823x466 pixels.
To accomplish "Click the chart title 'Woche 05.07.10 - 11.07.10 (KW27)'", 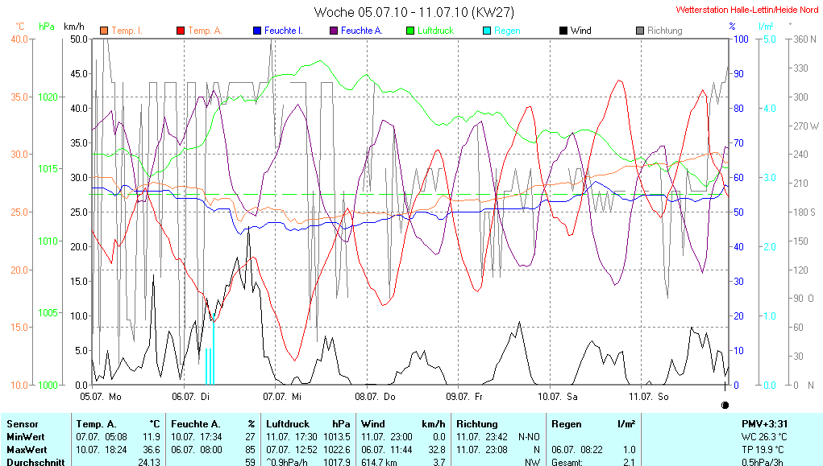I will coord(414,12).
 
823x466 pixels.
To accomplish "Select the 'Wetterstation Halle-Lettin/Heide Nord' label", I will coord(747,10).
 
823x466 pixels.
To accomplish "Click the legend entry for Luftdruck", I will coord(435,31).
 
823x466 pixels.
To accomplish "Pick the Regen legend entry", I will coord(507,31).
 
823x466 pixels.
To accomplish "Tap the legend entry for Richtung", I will coord(664,31).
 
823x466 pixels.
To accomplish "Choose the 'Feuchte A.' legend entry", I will coord(361,31).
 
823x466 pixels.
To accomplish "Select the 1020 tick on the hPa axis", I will coord(48,97).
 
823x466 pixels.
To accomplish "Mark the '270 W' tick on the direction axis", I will coord(806,126).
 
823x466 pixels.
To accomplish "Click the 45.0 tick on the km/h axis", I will coord(79,73).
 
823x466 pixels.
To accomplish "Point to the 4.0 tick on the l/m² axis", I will coord(769,108).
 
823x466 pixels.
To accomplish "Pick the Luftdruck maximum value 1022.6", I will coord(339,449).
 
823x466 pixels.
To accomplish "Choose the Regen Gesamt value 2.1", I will coord(628,462).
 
